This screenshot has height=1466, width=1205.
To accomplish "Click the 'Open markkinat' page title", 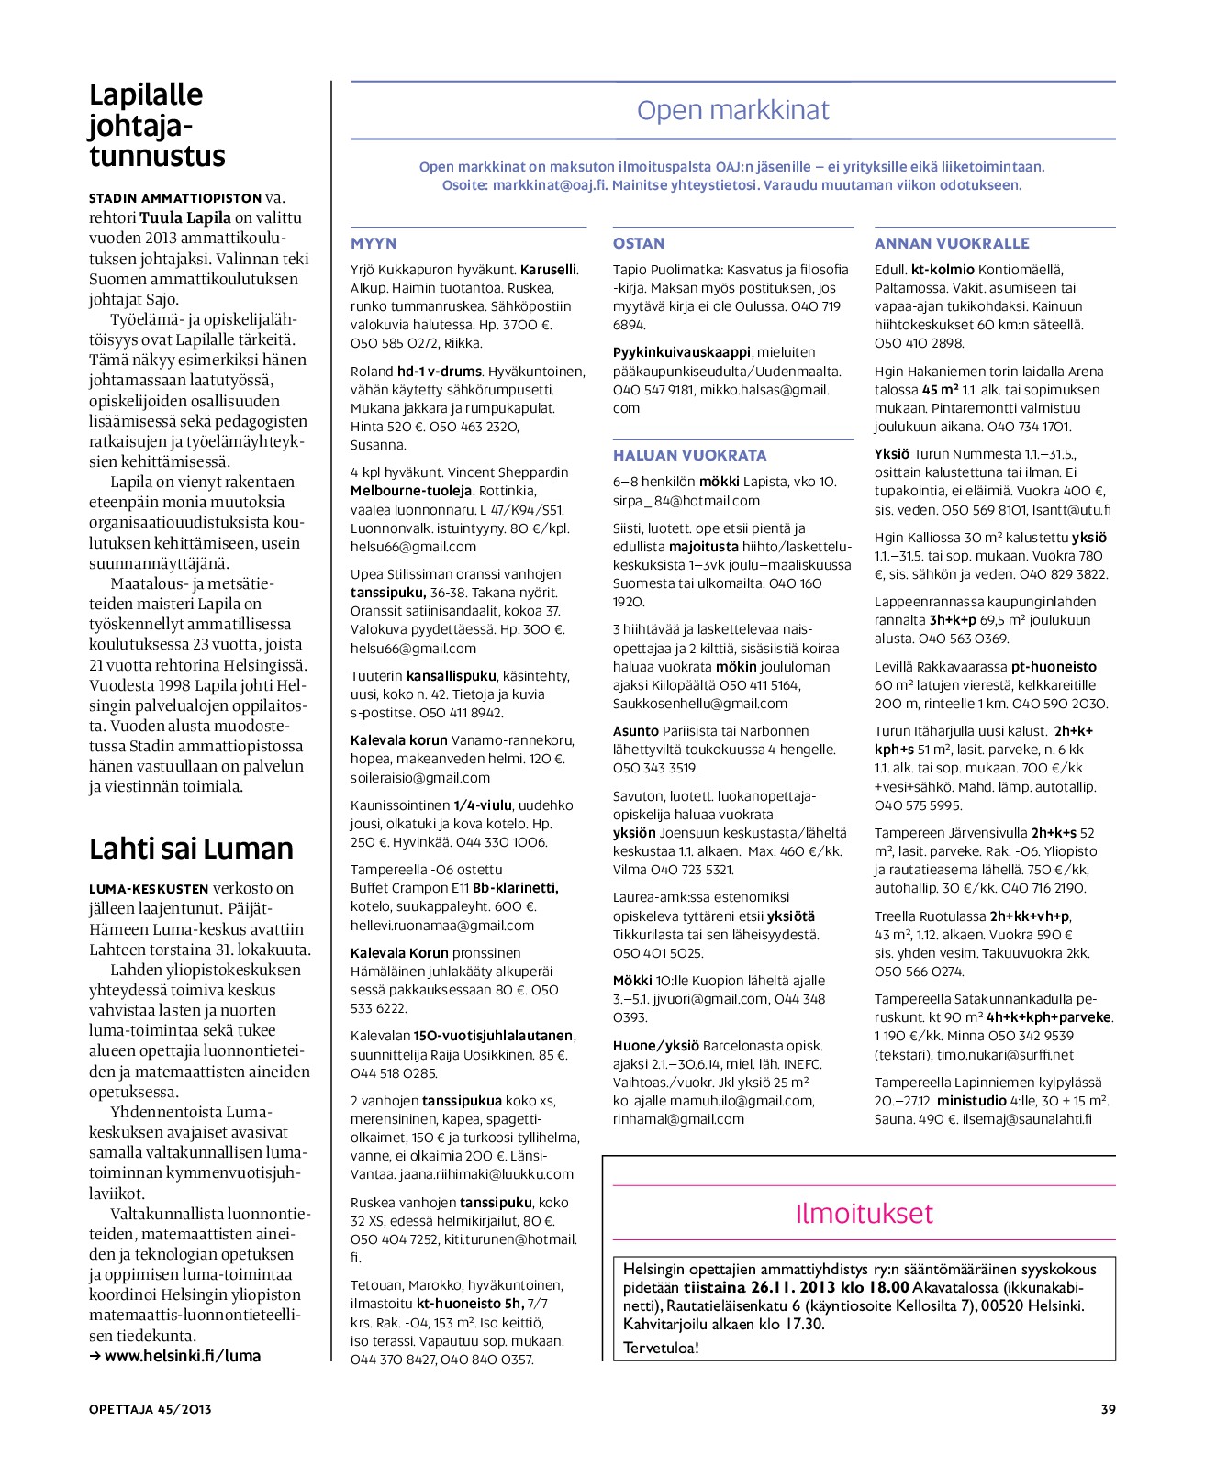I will pos(732,110).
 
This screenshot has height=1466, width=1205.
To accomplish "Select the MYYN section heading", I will pos(374,243).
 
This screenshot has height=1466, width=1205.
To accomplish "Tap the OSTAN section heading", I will pos(639,243).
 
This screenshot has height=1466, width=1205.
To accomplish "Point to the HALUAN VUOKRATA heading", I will pos(689,455).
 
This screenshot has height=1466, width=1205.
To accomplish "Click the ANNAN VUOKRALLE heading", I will pos(952,243).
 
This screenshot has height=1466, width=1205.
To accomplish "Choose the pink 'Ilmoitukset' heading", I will pos(864,1213).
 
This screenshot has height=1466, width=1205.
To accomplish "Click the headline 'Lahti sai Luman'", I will pos(191,849).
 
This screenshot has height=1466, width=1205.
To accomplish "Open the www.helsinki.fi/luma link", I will pos(182,1356).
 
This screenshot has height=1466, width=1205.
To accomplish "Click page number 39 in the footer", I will pos(1108,1409).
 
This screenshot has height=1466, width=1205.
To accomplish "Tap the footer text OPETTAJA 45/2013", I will pos(150,1409).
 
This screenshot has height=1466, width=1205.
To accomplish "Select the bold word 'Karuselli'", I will pos(548,270).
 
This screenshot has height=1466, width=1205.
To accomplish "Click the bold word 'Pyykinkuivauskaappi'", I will pos(682,352).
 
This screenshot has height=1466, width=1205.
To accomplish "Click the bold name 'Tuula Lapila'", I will pos(185,217).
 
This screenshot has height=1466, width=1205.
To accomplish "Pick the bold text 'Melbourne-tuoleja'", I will pos(411,491).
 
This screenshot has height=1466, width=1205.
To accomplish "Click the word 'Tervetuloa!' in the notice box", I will pos(661,1348).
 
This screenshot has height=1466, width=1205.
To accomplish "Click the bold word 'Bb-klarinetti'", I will pos(515,888).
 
